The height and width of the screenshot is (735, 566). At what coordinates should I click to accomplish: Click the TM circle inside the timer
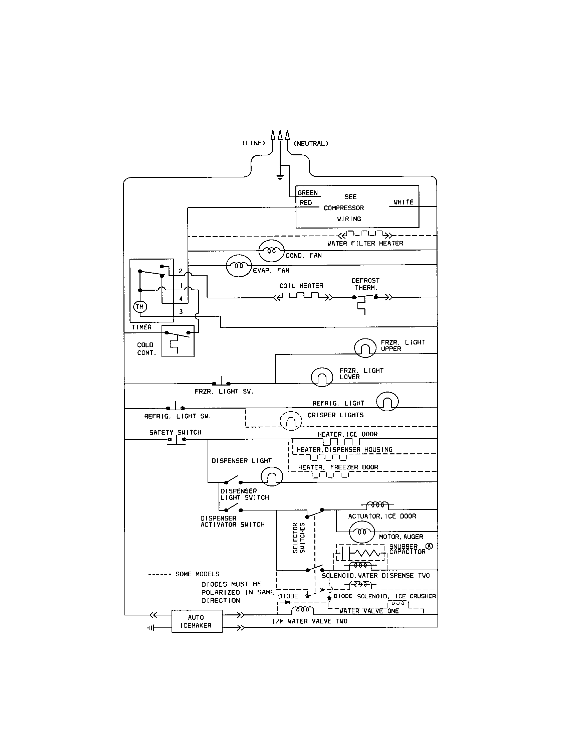click(140, 307)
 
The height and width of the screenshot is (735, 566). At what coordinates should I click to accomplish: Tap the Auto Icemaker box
click(197, 621)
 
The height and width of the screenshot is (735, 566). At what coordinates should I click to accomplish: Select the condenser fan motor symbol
click(271, 251)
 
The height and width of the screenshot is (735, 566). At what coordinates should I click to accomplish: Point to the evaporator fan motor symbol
click(239, 266)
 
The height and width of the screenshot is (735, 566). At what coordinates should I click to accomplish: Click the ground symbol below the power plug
click(280, 177)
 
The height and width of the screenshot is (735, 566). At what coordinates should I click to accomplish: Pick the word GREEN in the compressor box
click(308, 193)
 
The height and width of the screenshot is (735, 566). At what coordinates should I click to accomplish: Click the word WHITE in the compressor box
click(403, 202)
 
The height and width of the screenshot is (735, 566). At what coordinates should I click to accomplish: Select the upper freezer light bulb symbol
click(365, 348)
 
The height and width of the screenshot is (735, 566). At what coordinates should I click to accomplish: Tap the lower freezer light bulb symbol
click(322, 377)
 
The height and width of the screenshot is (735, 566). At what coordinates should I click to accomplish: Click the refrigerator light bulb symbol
click(387, 402)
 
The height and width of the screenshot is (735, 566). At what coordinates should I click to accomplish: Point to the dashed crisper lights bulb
click(291, 421)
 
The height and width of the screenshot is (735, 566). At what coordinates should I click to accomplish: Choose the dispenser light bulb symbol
click(272, 476)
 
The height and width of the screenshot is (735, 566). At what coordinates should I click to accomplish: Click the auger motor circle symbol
click(362, 532)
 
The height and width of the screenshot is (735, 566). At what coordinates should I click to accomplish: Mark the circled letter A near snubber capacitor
click(429, 546)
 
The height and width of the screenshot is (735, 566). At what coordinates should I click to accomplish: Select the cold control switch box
click(178, 341)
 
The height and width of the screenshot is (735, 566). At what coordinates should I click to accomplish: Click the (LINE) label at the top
click(254, 143)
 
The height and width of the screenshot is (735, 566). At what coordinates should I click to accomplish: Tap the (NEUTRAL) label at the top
click(311, 144)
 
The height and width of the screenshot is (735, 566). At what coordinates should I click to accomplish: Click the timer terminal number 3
click(181, 312)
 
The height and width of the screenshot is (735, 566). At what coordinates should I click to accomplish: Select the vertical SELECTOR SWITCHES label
click(298, 538)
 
